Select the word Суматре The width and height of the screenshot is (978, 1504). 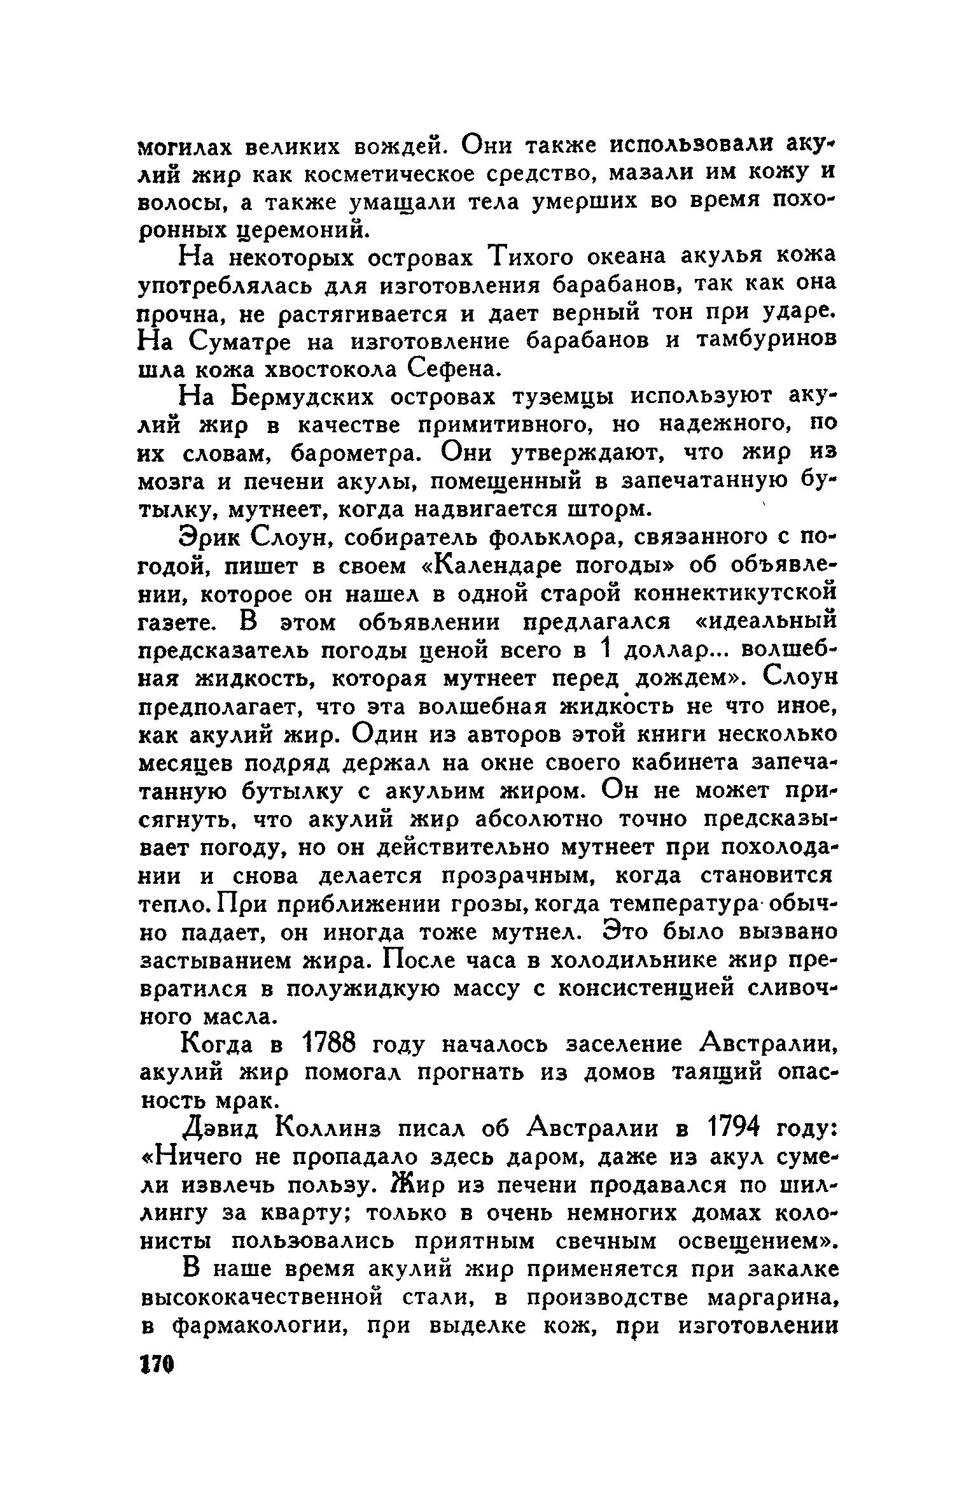[245, 341]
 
